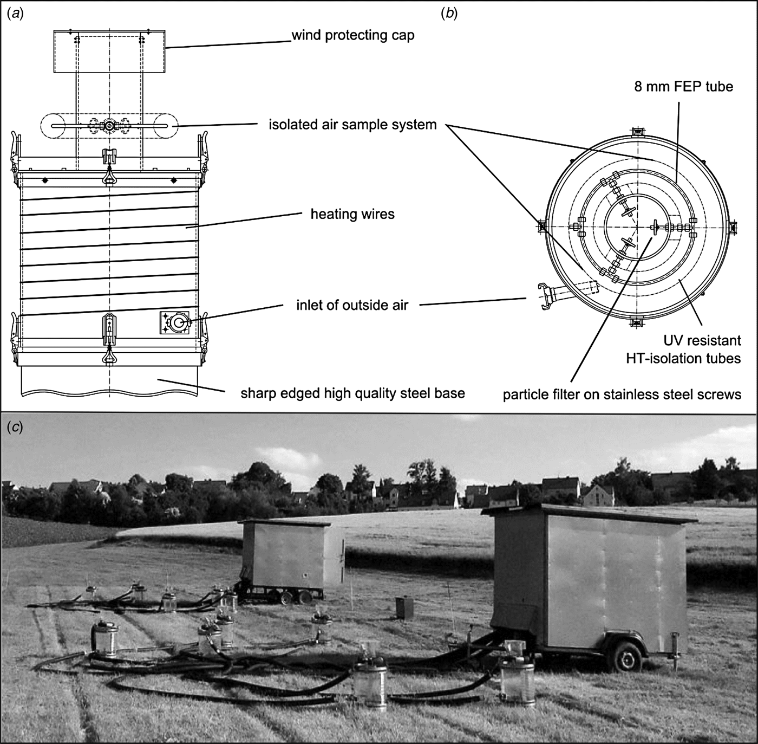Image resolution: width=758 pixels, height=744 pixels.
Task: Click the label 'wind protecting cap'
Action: pos(353,36)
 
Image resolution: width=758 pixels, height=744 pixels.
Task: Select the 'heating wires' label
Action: pos(352,215)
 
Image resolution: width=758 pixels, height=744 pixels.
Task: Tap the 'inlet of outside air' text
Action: pos(352,305)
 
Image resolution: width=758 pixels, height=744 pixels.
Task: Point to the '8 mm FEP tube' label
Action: pos(683,87)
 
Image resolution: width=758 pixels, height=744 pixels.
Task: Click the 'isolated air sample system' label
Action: pos(352,125)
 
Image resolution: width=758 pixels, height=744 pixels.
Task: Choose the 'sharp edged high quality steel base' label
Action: pos(352,393)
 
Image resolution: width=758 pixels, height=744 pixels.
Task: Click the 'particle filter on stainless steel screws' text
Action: pos(622,394)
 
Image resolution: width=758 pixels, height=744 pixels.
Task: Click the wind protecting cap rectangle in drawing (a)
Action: pos(109,51)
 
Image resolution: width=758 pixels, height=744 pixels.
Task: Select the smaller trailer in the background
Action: pos(292,561)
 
